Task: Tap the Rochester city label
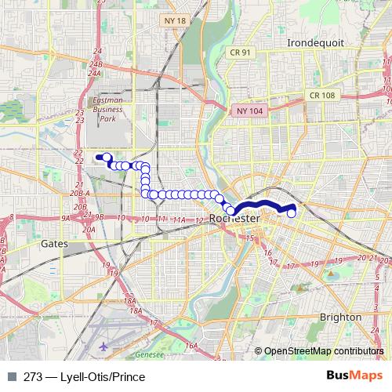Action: pyautogui.click(x=235, y=218)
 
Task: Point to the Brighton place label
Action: pyautogui.click(x=340, y=317)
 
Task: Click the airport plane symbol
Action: pyautogui.click(x=104, y=346)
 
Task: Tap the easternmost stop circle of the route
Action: pyautogui.click(x=292, y=212)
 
